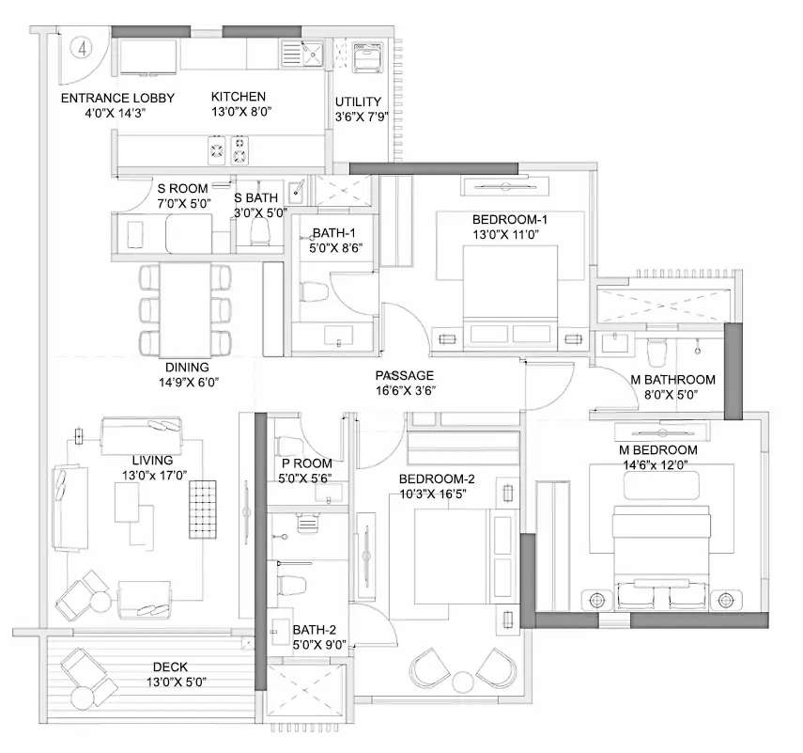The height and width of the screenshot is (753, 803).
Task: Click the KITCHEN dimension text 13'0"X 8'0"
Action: point(238,112)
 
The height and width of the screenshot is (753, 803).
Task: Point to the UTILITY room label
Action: point(358,102)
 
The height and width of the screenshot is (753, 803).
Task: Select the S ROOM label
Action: point(182,188)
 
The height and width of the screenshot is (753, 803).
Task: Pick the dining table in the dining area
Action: point(185,307)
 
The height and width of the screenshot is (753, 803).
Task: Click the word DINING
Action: point(188,368)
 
